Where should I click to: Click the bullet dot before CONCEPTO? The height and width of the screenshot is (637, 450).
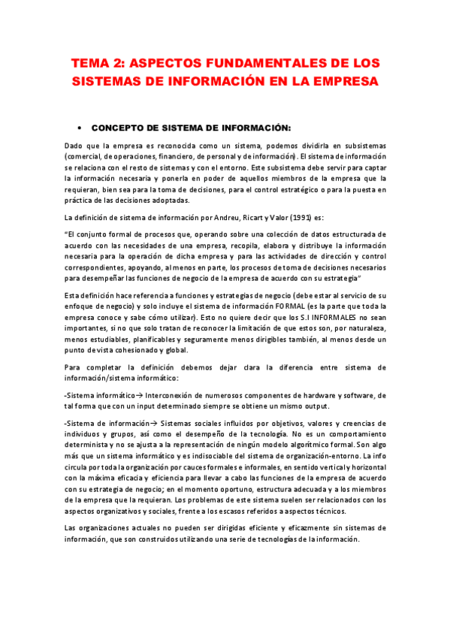(x=79, y=128)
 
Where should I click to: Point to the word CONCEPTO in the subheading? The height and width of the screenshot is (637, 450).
(x=121, y=128)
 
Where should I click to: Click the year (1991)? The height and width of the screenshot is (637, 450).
(x=297, y=218)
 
